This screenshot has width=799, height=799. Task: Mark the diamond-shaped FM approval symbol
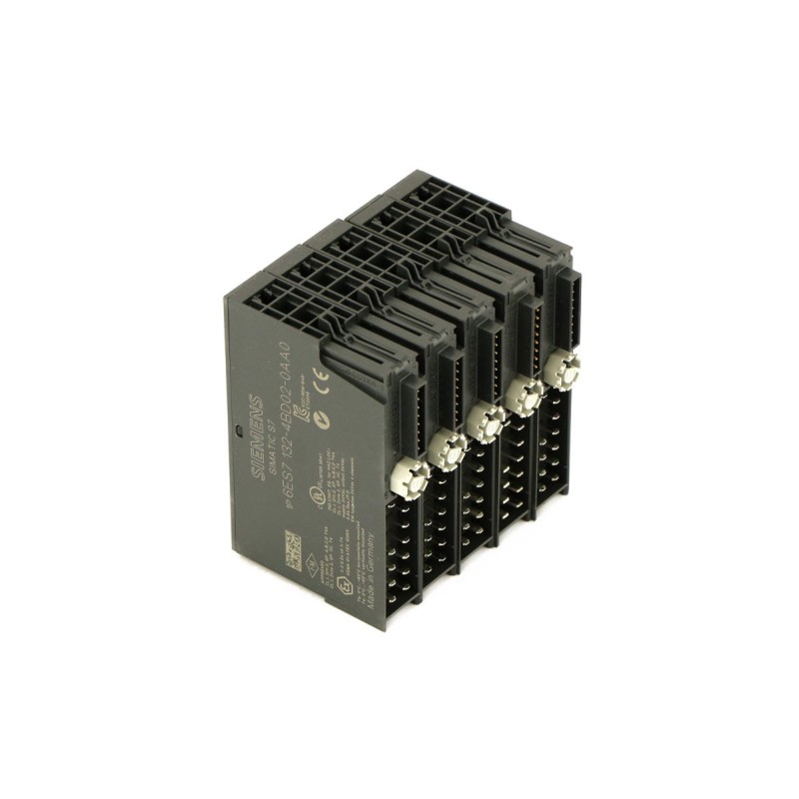tap(311, 562)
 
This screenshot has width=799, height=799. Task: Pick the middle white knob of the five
tap(484, 421)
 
